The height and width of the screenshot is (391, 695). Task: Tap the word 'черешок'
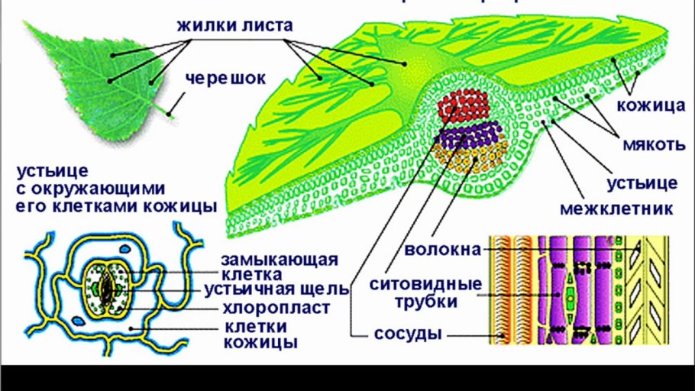click(220, 78)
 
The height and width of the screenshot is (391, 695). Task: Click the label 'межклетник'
click(617, 208)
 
